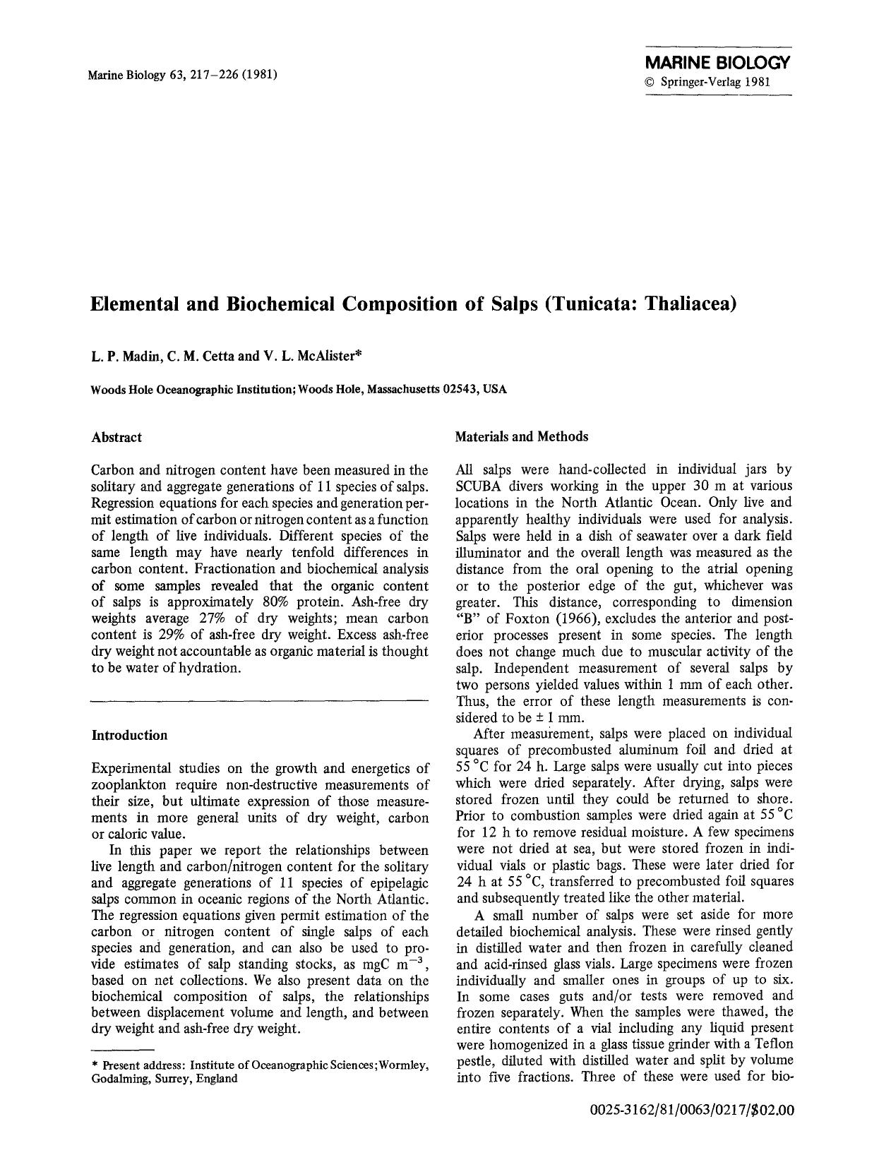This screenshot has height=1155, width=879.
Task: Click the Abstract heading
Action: coord(116,437)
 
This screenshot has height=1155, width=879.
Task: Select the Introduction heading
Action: coord(130,735)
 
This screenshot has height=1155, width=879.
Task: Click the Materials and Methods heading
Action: coord(522,436)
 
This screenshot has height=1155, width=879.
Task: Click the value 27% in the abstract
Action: coord(227,618)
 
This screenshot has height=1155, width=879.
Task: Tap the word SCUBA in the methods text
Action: coord(479,486)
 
